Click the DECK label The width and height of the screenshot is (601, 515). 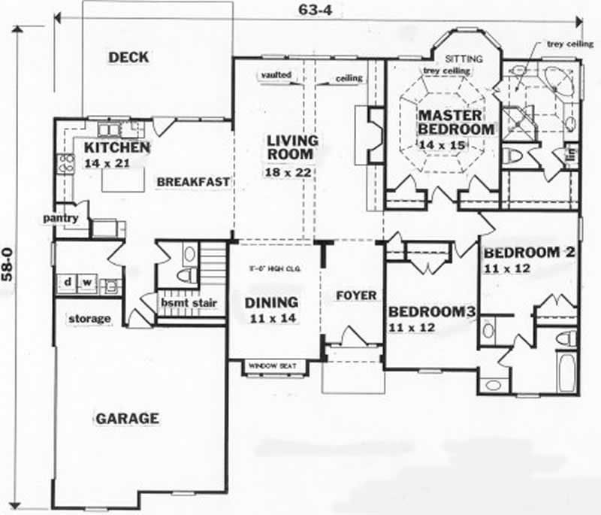[128, 57]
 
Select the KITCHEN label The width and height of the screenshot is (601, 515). [116, 147]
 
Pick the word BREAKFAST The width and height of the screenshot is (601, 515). [192, 182]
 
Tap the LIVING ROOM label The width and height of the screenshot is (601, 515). [292, 148]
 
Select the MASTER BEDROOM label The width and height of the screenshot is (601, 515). [456, 122]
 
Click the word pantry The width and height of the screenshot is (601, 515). [62, 218]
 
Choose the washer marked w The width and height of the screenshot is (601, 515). [86, 283]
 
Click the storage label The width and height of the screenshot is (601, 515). [89, 319]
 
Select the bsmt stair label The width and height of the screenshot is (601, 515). [189, 303]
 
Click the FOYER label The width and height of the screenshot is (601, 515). [355, 295]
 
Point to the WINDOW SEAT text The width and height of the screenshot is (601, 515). [273, 366]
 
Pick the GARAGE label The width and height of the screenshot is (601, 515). [127, 418]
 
